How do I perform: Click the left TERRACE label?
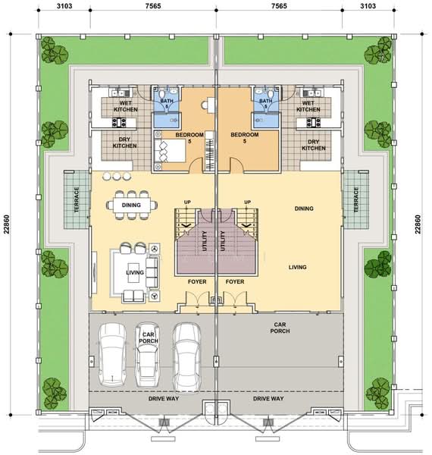[77, 199]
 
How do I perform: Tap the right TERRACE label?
[356, 199]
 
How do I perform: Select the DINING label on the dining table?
[131, 206]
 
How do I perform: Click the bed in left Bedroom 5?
[170, 151]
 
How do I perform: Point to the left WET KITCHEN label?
[126, 106]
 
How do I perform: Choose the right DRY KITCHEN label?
[314, 145]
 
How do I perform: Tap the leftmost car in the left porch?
[112, 354]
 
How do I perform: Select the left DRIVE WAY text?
[164, 399]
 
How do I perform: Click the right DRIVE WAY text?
[268, 399]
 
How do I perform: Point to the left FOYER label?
[197, 282]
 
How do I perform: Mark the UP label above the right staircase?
[247, 202]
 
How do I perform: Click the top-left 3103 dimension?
[64, 6]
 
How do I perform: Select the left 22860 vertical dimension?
[6, 224]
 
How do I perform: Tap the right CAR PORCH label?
[280, 328]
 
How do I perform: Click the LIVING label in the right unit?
[297, 267]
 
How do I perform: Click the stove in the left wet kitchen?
[119, 122]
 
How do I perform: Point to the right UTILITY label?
[223, 241]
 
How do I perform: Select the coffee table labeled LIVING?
[135, 273]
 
